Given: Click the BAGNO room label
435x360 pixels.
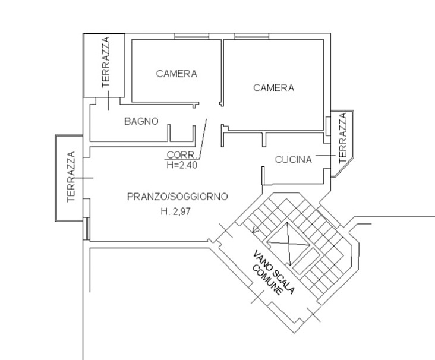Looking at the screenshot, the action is pos(141,121).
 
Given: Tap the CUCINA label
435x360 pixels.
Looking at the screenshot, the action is pos(293,160).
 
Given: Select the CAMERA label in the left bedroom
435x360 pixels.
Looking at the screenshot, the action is pos(176,74).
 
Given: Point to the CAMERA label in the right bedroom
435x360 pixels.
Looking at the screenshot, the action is pos(273,88).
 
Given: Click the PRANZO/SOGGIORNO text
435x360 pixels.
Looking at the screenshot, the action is pos(178,197).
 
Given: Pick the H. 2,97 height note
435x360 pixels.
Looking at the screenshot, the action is pos(176,211).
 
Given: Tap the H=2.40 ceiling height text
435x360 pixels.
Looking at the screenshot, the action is pos(182,165).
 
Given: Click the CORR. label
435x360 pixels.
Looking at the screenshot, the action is pos(182,155).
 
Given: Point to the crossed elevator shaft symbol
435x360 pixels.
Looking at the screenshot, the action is pos(288,244).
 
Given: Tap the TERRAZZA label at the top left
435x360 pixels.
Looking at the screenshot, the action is pos(106,62).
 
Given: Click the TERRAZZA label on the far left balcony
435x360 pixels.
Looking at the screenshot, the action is pos(71,176).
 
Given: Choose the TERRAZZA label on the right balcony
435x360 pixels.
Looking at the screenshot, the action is pos(343,138).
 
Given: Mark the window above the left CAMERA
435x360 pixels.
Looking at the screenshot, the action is pos(192,36).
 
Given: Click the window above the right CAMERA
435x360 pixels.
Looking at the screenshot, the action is pos(252,36).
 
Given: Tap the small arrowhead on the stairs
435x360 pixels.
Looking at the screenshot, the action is pos(256,230).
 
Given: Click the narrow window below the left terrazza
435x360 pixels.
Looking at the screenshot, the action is pos(87,229).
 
